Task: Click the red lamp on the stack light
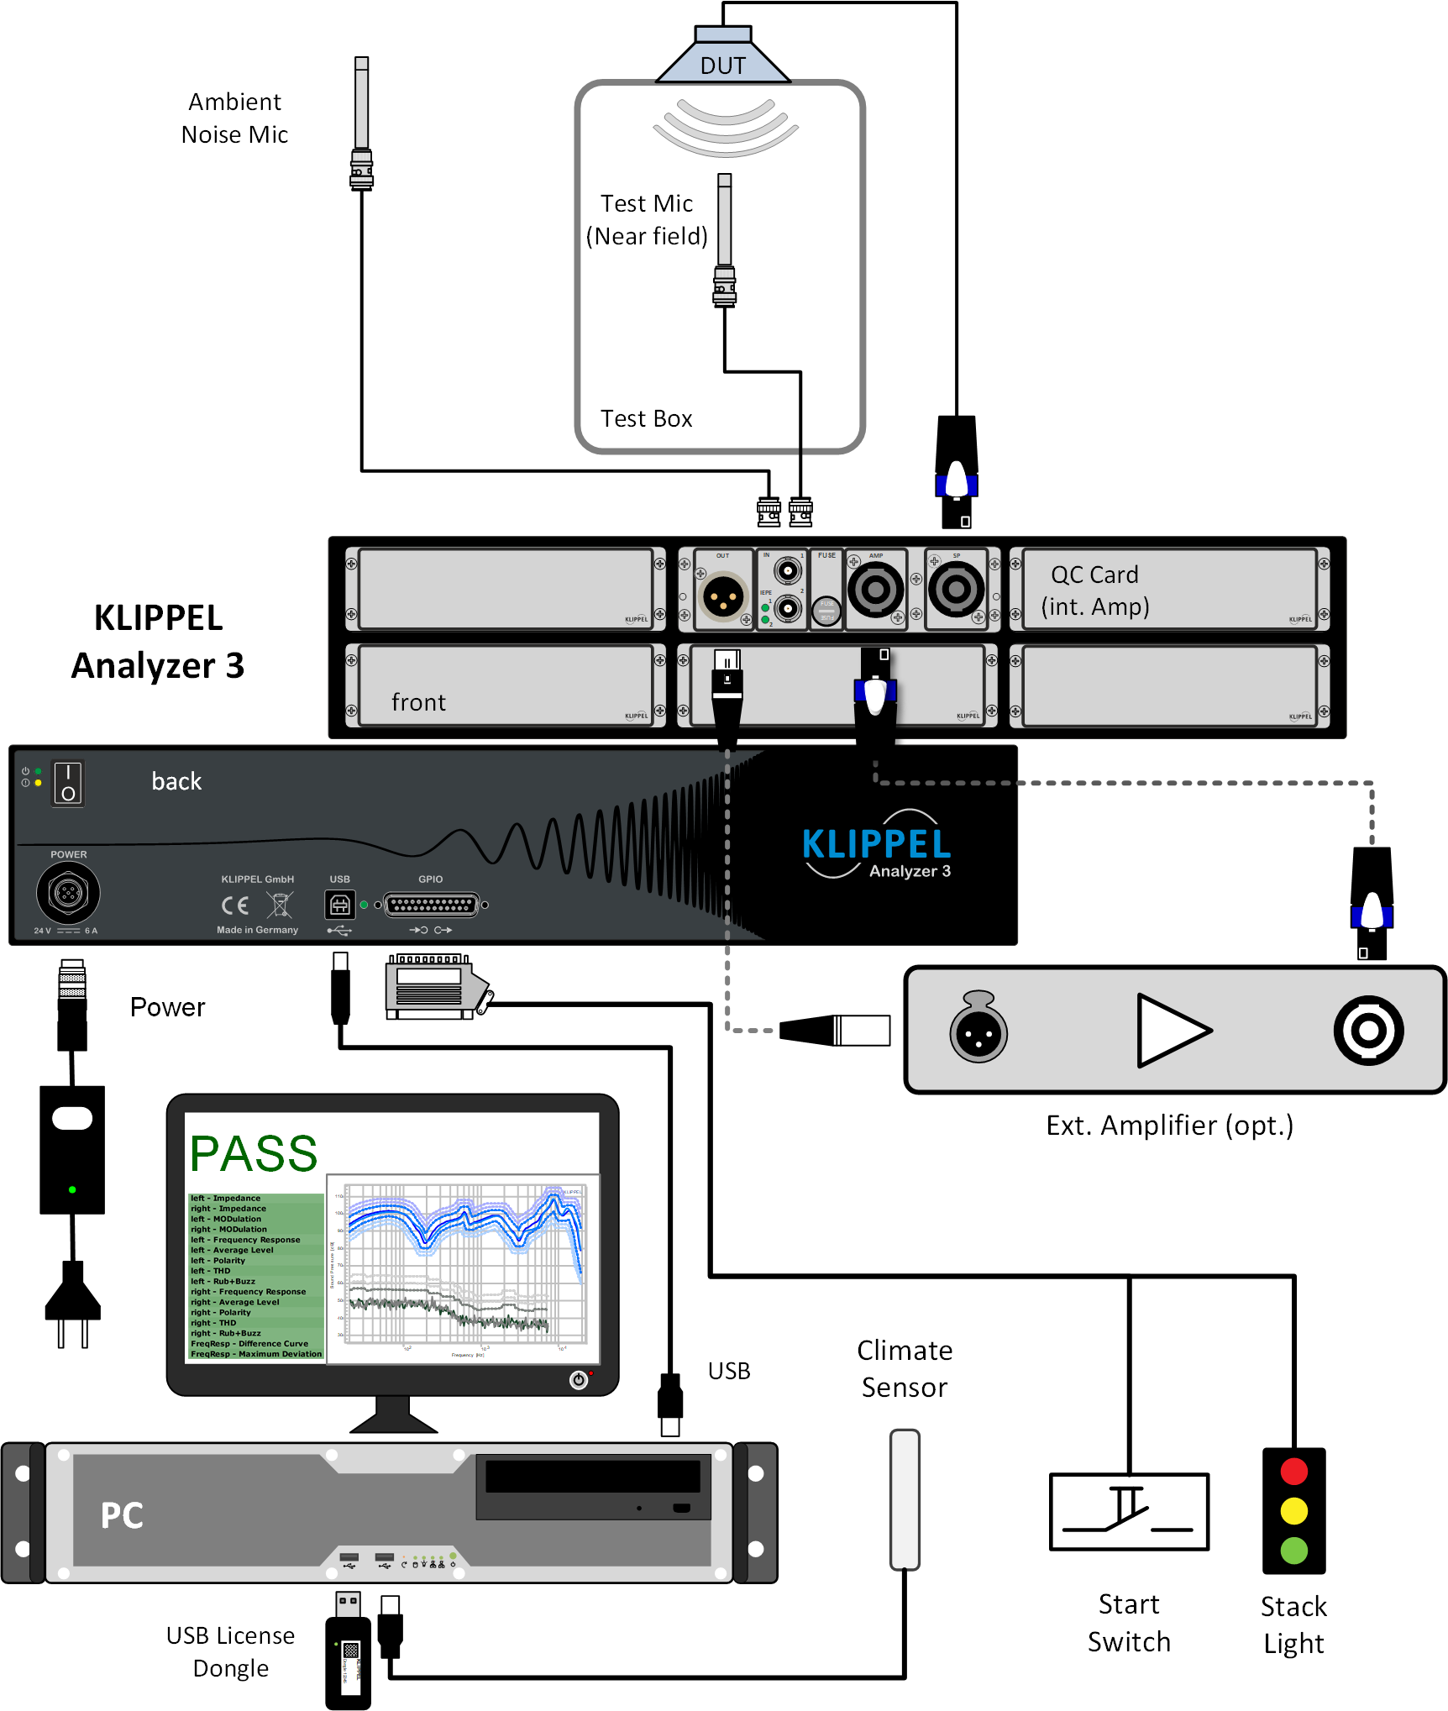(1293, 1472)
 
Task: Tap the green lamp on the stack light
(1293, 1550)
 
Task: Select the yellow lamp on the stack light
(1293, 1511)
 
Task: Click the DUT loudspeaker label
(722, 66)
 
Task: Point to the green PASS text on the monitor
(254, 1153)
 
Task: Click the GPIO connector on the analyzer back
(432, 905)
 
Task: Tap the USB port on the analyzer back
(339, 905)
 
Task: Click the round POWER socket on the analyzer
(68, 892)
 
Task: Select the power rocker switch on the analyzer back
(68, 783)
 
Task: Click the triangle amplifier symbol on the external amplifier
(1171, 1030)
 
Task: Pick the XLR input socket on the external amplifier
(978, 1030)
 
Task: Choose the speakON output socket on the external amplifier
(1368, 1030)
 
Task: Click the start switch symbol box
(1129, 1511)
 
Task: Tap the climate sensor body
(905, 1499)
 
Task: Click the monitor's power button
(579, 1379)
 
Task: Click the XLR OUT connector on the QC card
(723, 596)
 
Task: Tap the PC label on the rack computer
(123, 1516)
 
